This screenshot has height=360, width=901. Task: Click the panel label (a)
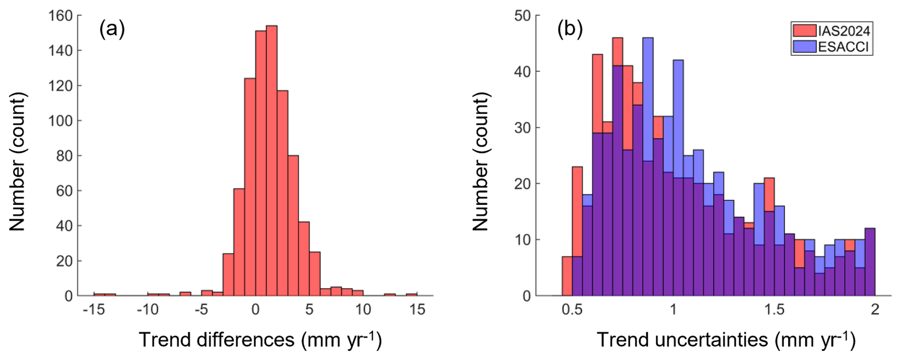(112, 30)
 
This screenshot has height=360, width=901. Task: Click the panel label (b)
(570, 30)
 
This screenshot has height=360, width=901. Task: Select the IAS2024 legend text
(844, 31)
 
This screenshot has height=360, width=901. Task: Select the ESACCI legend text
(843, 47)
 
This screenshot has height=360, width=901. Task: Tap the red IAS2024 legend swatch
(804, 31)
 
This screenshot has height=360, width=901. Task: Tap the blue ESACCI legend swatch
(804, 47)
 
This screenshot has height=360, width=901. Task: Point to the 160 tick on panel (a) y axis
(60, 16)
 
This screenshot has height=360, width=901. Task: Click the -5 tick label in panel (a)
(201, 310)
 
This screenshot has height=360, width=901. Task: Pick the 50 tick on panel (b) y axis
(522, 16)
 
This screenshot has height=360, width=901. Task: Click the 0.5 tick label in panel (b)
(571, 310)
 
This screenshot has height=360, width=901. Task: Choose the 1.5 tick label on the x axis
(774, 310)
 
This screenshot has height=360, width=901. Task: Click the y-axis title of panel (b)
(481, 162)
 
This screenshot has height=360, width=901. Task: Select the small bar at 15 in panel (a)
(411, 294)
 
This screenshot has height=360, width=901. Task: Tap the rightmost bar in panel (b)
(870, 262)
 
